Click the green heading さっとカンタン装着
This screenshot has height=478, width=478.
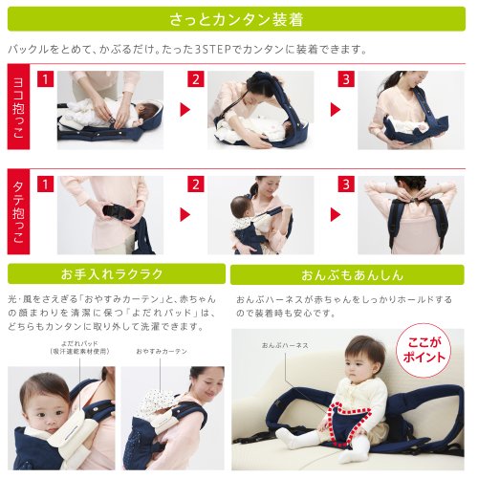coord(236,19)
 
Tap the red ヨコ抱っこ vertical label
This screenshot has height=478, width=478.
coord(18,106)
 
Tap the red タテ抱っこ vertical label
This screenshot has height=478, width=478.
coord(18,211)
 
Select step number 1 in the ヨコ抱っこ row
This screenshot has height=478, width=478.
coord(45,79)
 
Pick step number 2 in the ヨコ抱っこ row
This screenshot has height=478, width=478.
coord(196,79)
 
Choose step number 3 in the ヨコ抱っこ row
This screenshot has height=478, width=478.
coord(346,79)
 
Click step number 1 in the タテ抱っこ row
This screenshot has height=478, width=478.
coord(45,185)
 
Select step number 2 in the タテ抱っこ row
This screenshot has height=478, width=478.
coord(196,185)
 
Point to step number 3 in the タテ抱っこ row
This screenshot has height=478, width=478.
coord(346,185)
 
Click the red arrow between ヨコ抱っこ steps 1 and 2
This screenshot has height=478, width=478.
coord(185,110)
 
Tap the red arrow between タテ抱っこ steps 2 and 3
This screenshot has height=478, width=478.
coord(336,214)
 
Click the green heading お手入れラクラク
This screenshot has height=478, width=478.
coord(117,273)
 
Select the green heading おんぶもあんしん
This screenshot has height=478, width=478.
coord(347,274)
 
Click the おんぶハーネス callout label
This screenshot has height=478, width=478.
coord(285,345)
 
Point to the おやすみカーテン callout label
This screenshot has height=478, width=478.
coord(162,351)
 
